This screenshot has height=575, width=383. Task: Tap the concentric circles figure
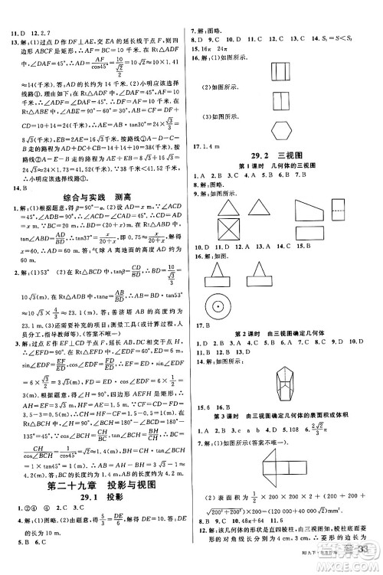click(228, 305)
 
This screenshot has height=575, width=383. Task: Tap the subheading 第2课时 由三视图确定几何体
click(286, 336)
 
